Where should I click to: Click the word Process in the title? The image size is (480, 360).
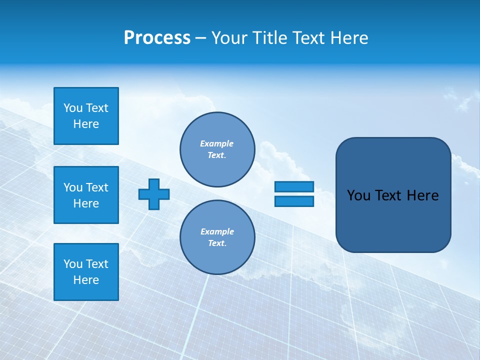[x=157, y=38]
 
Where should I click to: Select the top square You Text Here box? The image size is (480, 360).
[x=86, y=116]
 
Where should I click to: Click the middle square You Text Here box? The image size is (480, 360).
[x=86, y=195]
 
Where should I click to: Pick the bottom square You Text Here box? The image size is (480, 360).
[x=86, y=272]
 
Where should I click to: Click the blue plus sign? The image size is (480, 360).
[x=154, y=194]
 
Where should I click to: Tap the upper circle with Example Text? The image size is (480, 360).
[x=217, y=149]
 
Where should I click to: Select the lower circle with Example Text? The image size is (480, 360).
[x=217, y=237]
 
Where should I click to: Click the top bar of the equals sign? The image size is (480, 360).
[x=294, y=186]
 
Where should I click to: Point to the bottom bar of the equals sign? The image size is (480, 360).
[x=294, y=201]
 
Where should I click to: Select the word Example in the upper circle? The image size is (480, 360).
[x=216, y=143]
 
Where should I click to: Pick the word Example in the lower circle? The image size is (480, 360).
[x=216, y=231]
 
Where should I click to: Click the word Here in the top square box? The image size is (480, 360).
[x=86, y=124]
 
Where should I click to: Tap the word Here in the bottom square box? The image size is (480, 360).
[x=86, y=280]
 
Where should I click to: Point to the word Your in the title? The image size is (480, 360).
[x=231, y=38]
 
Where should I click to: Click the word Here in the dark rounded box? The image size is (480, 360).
[x=422, y=195]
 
